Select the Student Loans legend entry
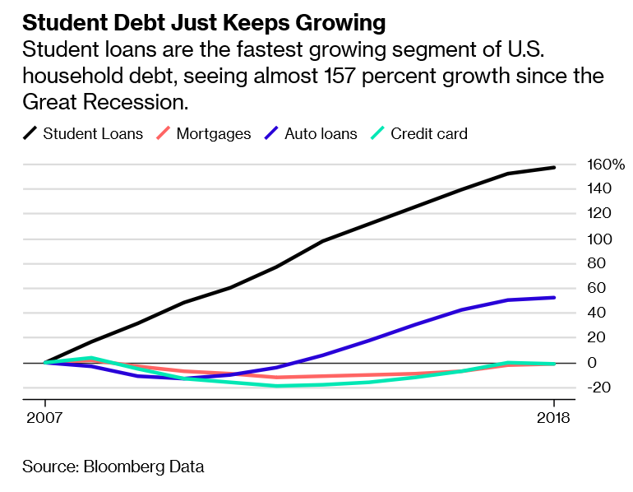(x=93, y=133)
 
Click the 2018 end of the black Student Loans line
(x=554, y=168)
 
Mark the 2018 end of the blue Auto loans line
(x=554, y=298)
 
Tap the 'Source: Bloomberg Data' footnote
(x=113, y=466)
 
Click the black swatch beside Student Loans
(x=30, y=133)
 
